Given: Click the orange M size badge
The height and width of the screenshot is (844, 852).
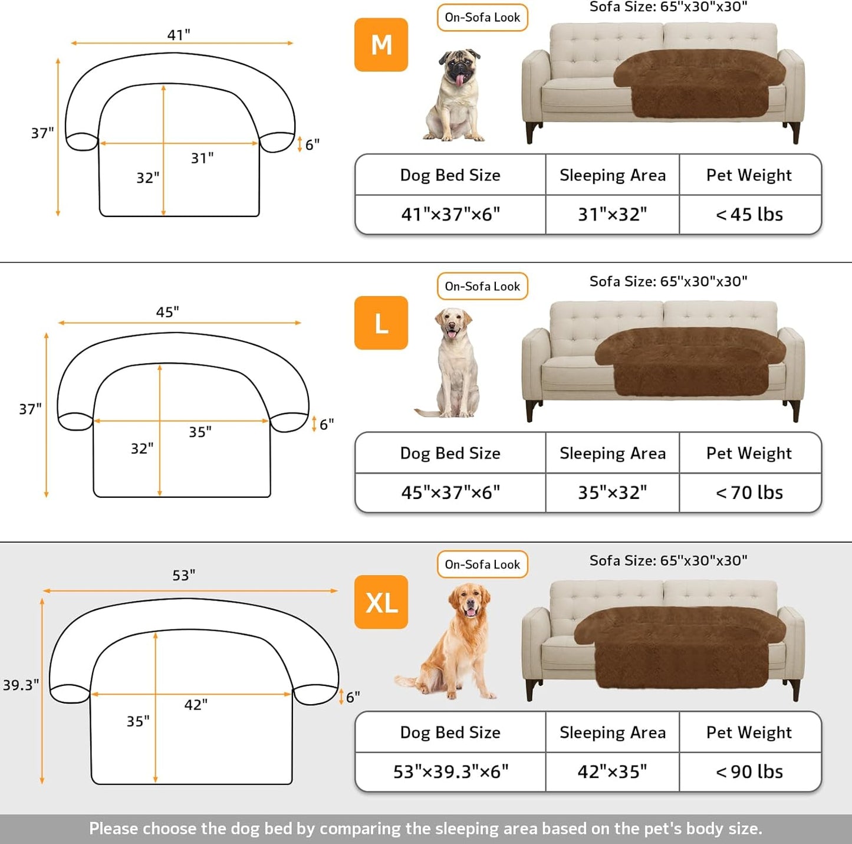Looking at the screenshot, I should [381, 45].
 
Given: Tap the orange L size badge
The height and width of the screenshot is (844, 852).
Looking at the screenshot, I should [381, 323].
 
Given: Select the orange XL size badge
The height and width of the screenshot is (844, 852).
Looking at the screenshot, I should [381, 602].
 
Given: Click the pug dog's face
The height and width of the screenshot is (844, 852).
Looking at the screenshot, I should [459, 69].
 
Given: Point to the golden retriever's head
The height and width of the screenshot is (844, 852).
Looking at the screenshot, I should [469, 601].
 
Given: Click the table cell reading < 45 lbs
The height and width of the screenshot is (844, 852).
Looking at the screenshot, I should [749, 215].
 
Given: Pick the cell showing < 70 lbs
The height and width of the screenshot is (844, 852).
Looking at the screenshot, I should [749, 492].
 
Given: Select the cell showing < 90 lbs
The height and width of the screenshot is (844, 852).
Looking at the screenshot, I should [749, 771].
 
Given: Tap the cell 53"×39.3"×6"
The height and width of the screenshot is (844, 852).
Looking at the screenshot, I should [450, 771].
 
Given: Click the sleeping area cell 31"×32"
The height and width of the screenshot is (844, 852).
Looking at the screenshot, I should [612, 215].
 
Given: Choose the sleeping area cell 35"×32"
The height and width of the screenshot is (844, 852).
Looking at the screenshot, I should [612, 492].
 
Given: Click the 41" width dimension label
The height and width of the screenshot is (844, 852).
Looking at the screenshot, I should [179, 35].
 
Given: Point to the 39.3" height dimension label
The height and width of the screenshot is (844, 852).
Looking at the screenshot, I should [21, 685].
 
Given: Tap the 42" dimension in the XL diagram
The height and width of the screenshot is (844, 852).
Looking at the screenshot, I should [196, 705].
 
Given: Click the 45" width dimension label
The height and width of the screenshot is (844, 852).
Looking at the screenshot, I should [167, 312].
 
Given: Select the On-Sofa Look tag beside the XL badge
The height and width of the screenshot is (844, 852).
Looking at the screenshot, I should [482, 564].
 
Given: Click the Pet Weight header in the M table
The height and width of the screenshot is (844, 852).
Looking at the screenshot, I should [749, 175].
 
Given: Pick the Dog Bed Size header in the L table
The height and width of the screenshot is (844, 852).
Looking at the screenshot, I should [450, 453].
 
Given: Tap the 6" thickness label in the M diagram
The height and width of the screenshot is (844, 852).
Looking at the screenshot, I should [312, 145].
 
